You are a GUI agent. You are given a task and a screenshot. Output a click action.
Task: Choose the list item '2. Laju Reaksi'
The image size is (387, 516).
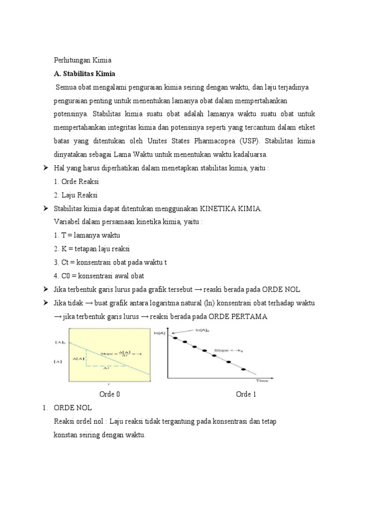click(x=76, y=195)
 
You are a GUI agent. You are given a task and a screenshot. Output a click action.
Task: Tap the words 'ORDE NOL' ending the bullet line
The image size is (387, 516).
click(x=285, y=289)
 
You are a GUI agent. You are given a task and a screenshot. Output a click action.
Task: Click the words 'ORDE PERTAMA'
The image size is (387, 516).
click(x=235, y=316)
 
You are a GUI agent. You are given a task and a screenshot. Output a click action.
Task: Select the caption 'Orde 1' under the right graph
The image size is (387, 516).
click(x=246, y=394)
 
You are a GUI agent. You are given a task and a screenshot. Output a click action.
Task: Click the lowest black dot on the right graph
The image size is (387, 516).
click(x=244, y=370)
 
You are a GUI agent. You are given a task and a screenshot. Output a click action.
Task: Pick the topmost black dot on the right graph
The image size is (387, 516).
click(x=174, y=337)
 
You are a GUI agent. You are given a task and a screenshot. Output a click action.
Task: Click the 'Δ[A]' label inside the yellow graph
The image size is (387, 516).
click(x=79, y=359)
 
